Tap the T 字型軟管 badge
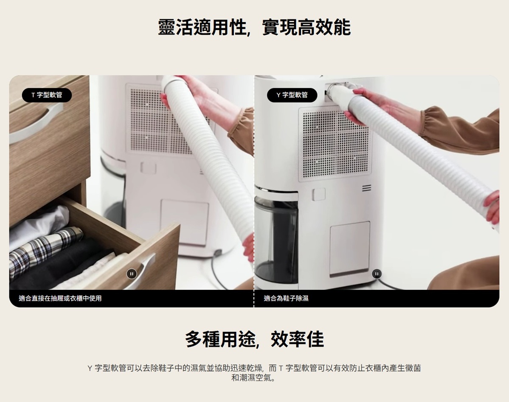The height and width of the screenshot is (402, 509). point(47,95)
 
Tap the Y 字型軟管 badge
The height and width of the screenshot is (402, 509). point(292,95)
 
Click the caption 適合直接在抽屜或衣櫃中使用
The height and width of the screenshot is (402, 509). point(60,298)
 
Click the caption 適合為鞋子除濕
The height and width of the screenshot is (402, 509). point(286,298)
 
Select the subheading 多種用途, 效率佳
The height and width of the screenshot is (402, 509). point(254,339)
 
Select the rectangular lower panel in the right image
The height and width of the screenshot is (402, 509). point(349,248)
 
